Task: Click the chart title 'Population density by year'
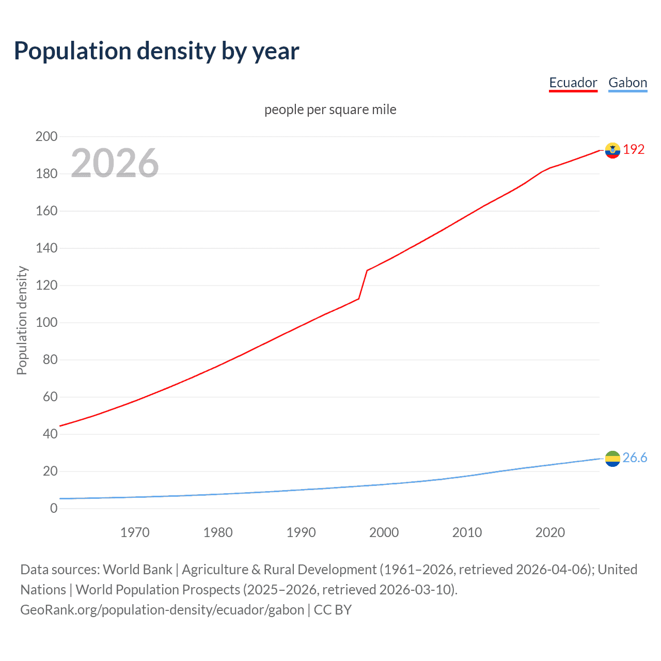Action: pyautogui.click(x=156, y=51)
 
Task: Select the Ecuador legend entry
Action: pyautogui.click(x=573, y=83)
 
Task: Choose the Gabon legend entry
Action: pyautogui.click(x=627, y=83)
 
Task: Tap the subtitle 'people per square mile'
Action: pyautogui.click(x=330, y=109)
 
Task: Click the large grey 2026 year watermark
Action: pyautogui.click(x=115, y=163)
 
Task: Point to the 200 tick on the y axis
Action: pyautogui.click(x=46, y=137)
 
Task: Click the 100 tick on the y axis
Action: pyautogui.click(x=46, y=323)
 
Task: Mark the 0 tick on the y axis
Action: pyautogui.click(x=54, y=509)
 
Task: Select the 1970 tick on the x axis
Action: pyautogui.click(x=135, y=532)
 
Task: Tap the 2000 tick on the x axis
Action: pyautogui.click(x=384, y=532)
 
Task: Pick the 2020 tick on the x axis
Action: pyautogui.click(x=550, y=532)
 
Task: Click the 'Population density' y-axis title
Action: pyautogui.click(x=22, y=320)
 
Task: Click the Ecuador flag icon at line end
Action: pyautogui.click(x=612, y=150)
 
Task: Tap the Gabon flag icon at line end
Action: pyautogui.click(x=612, y=459)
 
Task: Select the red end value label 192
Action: pyautogui.click(x=634, y=150)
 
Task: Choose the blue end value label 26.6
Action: pyautogui.click(x=635, y=458)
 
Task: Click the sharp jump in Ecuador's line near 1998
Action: pyautogui.click(x=363, y=284)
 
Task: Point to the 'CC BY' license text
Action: pyautogui.click(x=333, y=610)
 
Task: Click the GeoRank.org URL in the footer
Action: pyautogui.click(x=162, y=610)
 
